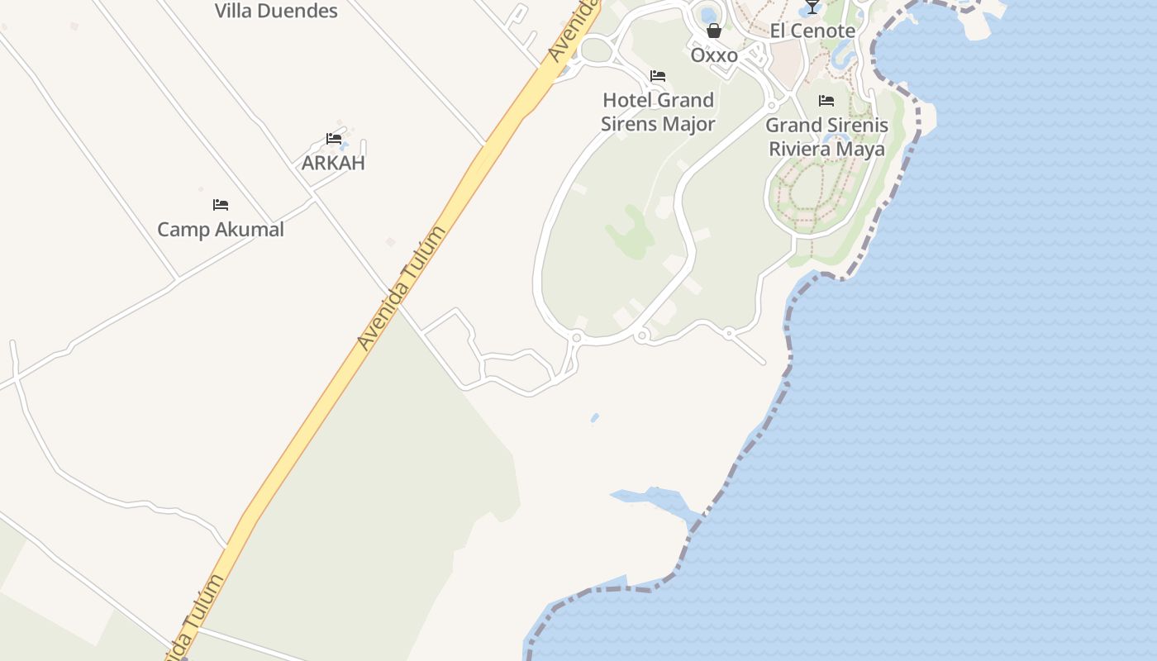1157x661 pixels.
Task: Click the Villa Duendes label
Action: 276,11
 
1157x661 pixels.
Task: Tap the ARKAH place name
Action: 333,162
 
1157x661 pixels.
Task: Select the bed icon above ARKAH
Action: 334,139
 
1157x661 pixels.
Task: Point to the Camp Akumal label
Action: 221,229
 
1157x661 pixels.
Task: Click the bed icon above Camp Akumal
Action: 221,205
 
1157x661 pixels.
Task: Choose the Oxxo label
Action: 714,55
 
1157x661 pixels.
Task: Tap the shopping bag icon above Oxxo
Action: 714,31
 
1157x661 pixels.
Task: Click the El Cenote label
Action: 812,31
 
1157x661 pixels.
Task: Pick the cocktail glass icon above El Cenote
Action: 812,7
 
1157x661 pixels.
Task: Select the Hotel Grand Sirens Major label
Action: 658,112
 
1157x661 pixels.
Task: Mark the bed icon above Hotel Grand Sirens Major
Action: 658,76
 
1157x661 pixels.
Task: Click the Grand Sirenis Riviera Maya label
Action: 826,137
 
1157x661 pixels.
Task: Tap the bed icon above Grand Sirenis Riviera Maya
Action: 826,102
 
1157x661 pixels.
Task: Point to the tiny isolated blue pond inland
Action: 595,417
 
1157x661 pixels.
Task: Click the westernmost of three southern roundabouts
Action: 576,337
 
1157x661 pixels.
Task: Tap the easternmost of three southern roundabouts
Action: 729,334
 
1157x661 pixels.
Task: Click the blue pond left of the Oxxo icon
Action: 707,14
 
